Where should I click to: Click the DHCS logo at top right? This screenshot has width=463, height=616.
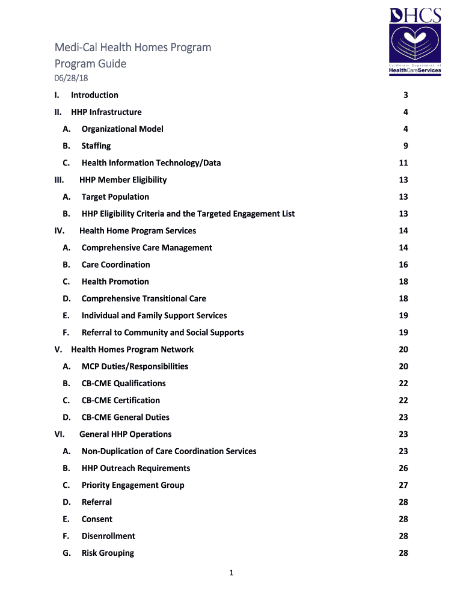point(415,40)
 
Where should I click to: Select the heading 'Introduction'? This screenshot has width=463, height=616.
point(94,95)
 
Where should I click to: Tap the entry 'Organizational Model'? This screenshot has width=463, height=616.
point(122,129)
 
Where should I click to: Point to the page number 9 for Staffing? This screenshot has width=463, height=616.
point(406,146)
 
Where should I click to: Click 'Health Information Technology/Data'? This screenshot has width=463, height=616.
point(151,163)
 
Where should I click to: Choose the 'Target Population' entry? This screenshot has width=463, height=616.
point(115,197)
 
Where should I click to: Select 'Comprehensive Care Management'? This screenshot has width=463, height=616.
point(147,248)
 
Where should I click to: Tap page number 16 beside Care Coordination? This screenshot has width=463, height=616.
point(403,265)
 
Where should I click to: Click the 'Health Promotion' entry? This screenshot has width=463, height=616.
point(115,282)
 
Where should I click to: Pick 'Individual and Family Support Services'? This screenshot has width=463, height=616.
point(154,316)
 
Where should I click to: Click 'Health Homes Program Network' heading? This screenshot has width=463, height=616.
point(132,350)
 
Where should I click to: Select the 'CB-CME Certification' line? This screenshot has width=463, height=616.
point(120,401)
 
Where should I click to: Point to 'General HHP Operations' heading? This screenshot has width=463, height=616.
point(125,434)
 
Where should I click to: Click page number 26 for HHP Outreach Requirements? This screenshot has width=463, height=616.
point(403,468)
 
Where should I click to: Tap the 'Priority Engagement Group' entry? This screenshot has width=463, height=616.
point(133,485)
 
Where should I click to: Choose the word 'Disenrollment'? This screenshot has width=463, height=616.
point(108,536)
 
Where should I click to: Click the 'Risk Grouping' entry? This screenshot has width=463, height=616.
point(108,553)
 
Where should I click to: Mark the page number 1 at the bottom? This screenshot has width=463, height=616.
point(231,573)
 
